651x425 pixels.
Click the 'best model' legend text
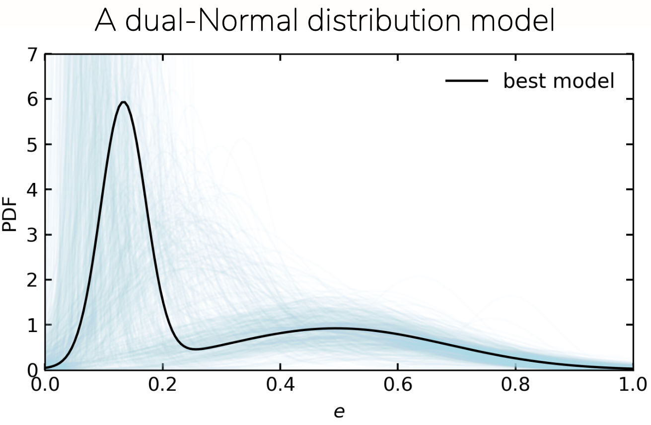(559, 81)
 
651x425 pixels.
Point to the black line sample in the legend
(467, 81)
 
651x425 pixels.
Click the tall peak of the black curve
(124, 102)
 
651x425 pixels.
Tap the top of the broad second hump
(334, 328)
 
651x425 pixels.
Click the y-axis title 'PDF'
(9, 214)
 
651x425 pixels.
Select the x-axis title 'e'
(339, 412)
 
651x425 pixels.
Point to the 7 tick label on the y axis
(32, 55)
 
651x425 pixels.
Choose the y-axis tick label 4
(32, 190)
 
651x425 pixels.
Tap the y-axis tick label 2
(32, 280)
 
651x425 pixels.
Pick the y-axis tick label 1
(32, 325)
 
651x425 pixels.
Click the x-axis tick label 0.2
(162, 384)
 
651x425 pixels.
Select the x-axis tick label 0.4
(280, 384)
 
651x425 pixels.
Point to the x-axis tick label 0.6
(398, 384)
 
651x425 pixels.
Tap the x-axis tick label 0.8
(515, 384)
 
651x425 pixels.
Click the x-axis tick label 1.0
(633, 384)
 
